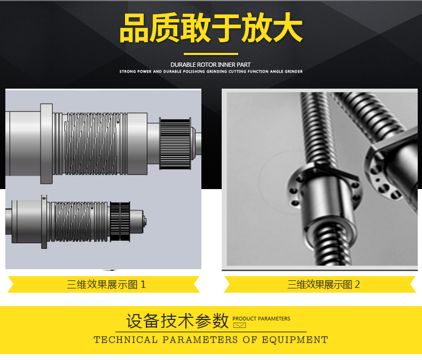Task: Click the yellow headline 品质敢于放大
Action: [x=211, y=27]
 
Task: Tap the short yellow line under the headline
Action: [x=211, y=54]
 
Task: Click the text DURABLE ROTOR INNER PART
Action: [x=210, y=65]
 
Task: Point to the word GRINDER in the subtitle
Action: [x=294, y=71]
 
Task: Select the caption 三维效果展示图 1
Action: [x=106, y=284]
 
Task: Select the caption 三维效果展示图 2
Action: [x=324, y=284]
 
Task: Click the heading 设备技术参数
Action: [x=178, y=321]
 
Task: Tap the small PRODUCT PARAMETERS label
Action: [x=261, y=318]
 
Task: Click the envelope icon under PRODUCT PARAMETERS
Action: [x=239, y=326]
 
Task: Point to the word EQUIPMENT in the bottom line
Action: [x=295, y=340]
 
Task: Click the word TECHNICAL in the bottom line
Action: [x=126, y=340]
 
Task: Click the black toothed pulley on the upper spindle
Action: [x=175, y=143]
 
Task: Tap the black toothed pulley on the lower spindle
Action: [x=120, y=221]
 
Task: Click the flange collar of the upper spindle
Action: [x=46, y=143]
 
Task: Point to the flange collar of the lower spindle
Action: [x=44, y=222]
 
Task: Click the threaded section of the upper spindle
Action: [x=90, y=143]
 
